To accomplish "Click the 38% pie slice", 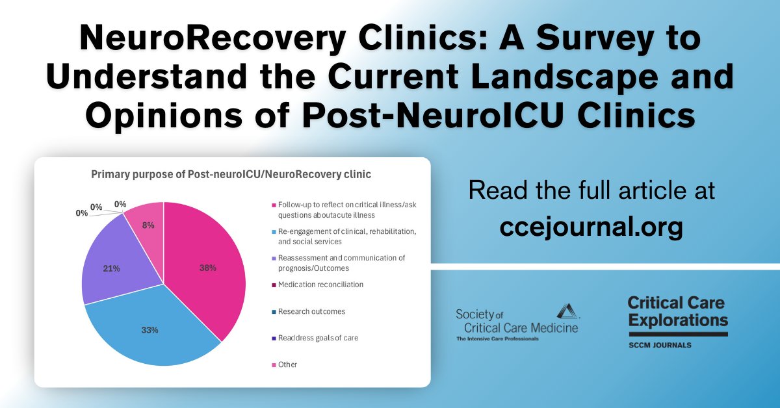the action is click(x=208, y=266).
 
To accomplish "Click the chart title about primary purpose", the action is click(x=231, y=174).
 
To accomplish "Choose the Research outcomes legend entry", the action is click(x=311, y=311).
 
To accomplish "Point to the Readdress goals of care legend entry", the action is click(x=318, y=338).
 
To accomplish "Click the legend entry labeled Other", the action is click(x=287, y=364).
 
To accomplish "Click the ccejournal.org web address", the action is click(x=591, y=227).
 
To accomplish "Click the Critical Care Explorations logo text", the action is click(x=677, y=311).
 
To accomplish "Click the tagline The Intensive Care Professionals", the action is click(x=497, y=338).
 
